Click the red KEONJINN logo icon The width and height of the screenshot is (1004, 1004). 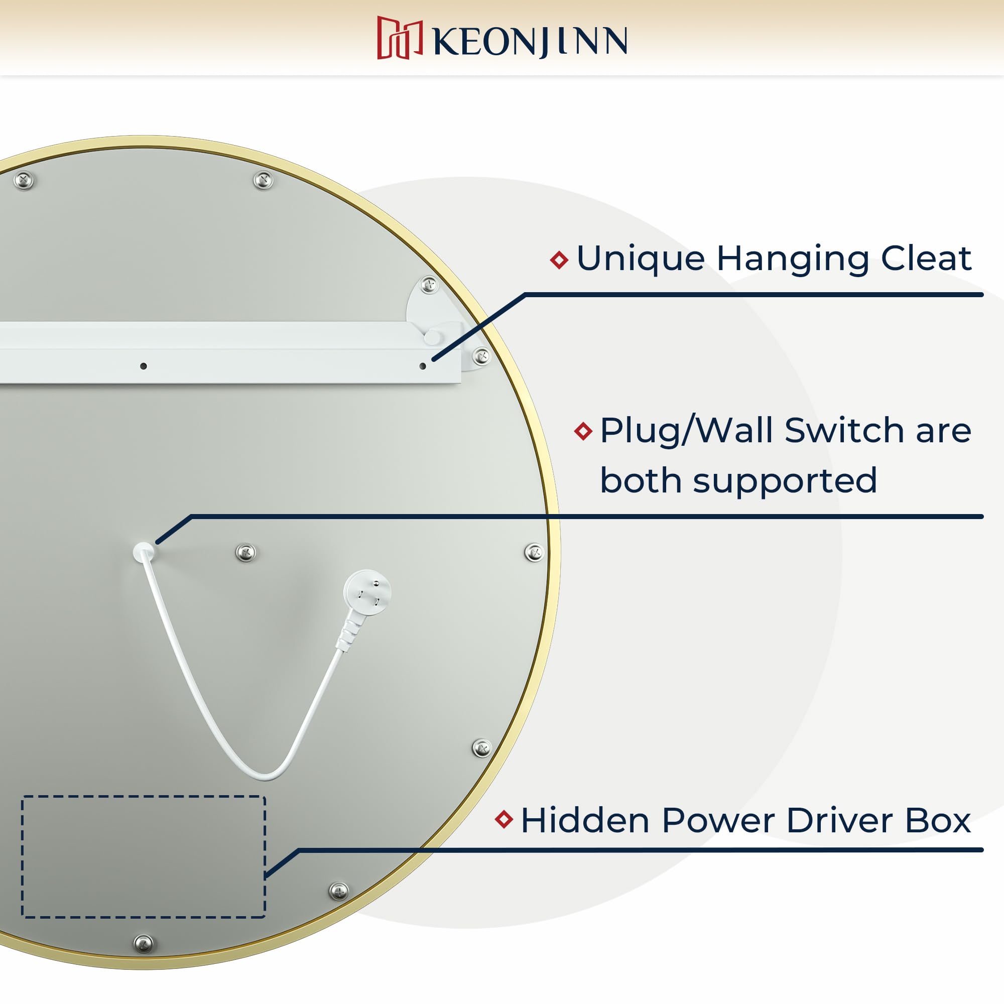(399, 38)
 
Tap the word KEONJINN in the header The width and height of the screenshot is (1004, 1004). (530, 42)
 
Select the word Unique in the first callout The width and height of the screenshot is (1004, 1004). (640, 258)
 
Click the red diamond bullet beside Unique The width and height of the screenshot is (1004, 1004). (559, 260)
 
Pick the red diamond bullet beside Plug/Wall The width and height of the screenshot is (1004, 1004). (583, 431)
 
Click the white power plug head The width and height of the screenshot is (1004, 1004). (367, 593)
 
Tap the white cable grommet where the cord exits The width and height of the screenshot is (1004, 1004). (144, 551)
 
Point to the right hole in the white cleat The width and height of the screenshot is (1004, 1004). (423, 366)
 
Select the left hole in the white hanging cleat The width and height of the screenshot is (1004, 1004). (144, 366)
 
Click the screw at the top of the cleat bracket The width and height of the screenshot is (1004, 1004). (429, 285)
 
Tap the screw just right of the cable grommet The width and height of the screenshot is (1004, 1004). (246, 552)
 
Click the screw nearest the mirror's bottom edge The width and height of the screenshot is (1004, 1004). (144, 943)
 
